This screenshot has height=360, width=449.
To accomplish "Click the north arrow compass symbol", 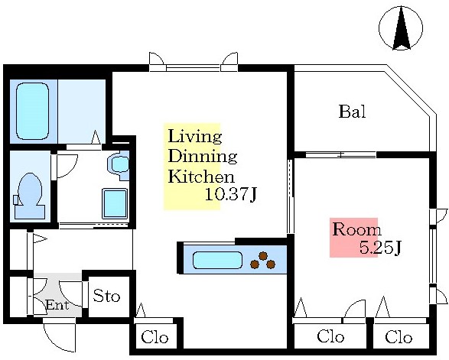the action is pos(401,28).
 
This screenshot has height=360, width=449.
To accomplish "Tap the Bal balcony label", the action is pos(352,112).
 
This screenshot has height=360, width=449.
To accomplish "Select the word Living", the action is pos(195,137).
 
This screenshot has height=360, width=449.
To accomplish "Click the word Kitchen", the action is pos(201,177).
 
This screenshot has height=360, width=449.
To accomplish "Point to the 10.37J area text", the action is pos(230,195).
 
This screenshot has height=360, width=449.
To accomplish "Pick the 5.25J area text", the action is pos(379,248).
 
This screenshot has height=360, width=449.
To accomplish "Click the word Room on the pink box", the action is pos(356,229).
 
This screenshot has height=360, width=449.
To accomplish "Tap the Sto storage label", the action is pos(106,296).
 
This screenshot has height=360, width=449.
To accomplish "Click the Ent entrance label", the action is pos(57,305).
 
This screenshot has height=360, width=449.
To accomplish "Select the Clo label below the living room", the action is pos(155,337).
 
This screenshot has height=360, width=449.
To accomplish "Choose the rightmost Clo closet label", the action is pos(399,337).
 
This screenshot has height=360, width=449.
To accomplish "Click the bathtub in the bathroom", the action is pos(32,112).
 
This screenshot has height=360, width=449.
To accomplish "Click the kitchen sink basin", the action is pos(218,260).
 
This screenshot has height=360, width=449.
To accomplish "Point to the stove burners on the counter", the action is pos(263,260).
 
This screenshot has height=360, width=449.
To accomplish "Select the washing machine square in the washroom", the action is pos(115,203).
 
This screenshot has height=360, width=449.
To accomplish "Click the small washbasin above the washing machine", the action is pos(119,164).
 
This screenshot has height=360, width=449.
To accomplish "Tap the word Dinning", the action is pos(203,157).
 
